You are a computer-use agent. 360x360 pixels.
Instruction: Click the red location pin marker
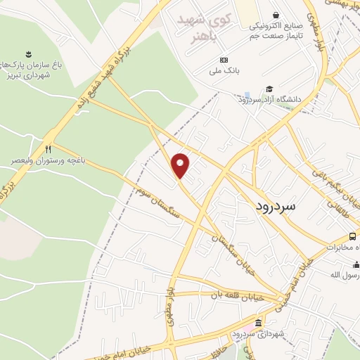pos(181,165)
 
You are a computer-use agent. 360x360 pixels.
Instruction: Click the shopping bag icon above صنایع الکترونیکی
pos(276,15)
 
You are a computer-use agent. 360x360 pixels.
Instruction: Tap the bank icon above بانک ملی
pos(224,60)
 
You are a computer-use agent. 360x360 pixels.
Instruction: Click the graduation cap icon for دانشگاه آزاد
pos(269,89)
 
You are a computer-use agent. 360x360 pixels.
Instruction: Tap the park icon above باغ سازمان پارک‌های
pos(28,53)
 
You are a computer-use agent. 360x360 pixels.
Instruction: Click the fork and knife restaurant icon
pos(49,149)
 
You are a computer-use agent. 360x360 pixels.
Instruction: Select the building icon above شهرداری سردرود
pos(258,323)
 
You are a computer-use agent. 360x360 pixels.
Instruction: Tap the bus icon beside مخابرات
pos(354,236)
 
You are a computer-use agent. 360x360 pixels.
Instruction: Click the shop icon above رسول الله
pos(356,264)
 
